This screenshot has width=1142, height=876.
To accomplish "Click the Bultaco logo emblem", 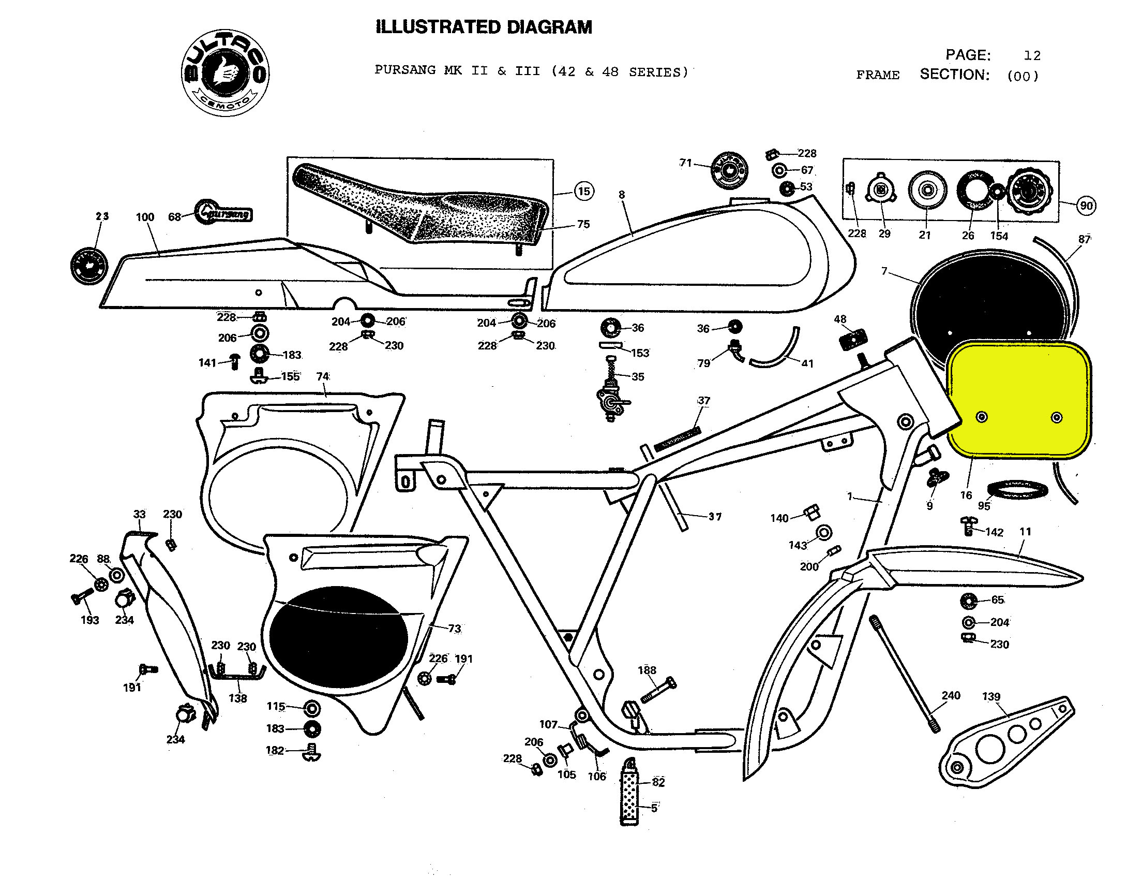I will click(x=225, y=73).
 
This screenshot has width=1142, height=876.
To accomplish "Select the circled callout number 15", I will click(x=584, y=192).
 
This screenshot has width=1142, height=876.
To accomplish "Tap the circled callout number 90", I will click(x=1086, y=206).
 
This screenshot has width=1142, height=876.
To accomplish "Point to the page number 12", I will click(x=1032, y=56).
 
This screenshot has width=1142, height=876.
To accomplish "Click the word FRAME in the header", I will click(x=878, y=75).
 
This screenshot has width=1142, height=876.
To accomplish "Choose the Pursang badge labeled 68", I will click(x=224, y=212).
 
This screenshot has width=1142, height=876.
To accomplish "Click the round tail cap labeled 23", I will click(x=88, y=266).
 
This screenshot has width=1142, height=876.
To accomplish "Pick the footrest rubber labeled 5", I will click(x=629, y=794).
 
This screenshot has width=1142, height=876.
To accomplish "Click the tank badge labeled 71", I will click(x=729, y=170).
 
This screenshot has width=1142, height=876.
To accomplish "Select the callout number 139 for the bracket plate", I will click(x=991, y=696).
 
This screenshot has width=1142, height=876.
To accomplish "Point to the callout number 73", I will click(x=454, y=629).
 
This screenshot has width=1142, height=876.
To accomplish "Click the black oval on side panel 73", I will click(x=339, y=636).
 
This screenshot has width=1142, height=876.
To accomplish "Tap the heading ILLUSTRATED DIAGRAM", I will click(x=484, y=27).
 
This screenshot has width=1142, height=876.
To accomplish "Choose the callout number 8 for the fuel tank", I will click(x=622, y=195).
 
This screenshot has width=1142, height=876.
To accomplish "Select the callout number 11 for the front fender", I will click(x=1025, y=532).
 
